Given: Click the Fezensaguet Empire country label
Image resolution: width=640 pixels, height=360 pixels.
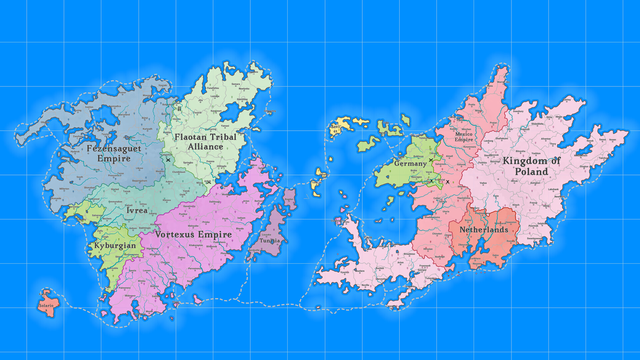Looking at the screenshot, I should click(x=114, y=153).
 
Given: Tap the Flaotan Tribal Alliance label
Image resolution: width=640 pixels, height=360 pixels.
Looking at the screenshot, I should click(x=205, y=142).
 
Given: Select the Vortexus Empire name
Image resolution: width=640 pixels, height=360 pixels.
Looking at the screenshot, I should click(x=193, y=234).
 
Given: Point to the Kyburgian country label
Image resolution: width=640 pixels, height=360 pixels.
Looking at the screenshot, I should click(x=115, y=246).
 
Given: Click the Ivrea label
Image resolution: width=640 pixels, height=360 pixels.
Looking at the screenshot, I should click(x=137, y=210).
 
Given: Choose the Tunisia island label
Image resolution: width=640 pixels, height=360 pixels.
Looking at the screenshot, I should click(x=270, y=241).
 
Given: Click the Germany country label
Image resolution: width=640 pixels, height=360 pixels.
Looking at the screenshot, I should click(x=410, y=164).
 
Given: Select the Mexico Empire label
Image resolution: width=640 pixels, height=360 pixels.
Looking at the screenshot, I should click(x=464, y=137).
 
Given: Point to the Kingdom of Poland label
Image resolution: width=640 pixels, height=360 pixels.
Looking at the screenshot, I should click(x=531, y=166).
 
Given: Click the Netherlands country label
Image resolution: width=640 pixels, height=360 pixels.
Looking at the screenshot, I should click(x=484, y=230).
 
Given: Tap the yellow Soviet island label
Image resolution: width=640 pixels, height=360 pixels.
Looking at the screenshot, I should click(x=335, y=129).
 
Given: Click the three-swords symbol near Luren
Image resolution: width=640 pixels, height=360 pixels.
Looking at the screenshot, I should click(x=179, y=108).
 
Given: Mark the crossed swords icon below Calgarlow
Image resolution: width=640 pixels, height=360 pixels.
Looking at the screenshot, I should click(x=168, y=160).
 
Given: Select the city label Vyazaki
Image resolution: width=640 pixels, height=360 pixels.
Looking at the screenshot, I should click(x=163, y=85).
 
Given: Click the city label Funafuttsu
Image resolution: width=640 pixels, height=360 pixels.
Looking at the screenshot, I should click(x=213, y=88).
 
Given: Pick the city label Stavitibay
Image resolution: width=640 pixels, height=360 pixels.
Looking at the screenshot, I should click(x=242, y=99).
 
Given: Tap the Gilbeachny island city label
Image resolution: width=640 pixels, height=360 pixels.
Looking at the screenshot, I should click(x=270, y=111).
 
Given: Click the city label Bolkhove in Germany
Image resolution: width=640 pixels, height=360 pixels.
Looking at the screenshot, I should click(x=418, y=156).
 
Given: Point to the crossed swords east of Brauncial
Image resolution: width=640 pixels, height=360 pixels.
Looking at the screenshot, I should click(x=448, y=182).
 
